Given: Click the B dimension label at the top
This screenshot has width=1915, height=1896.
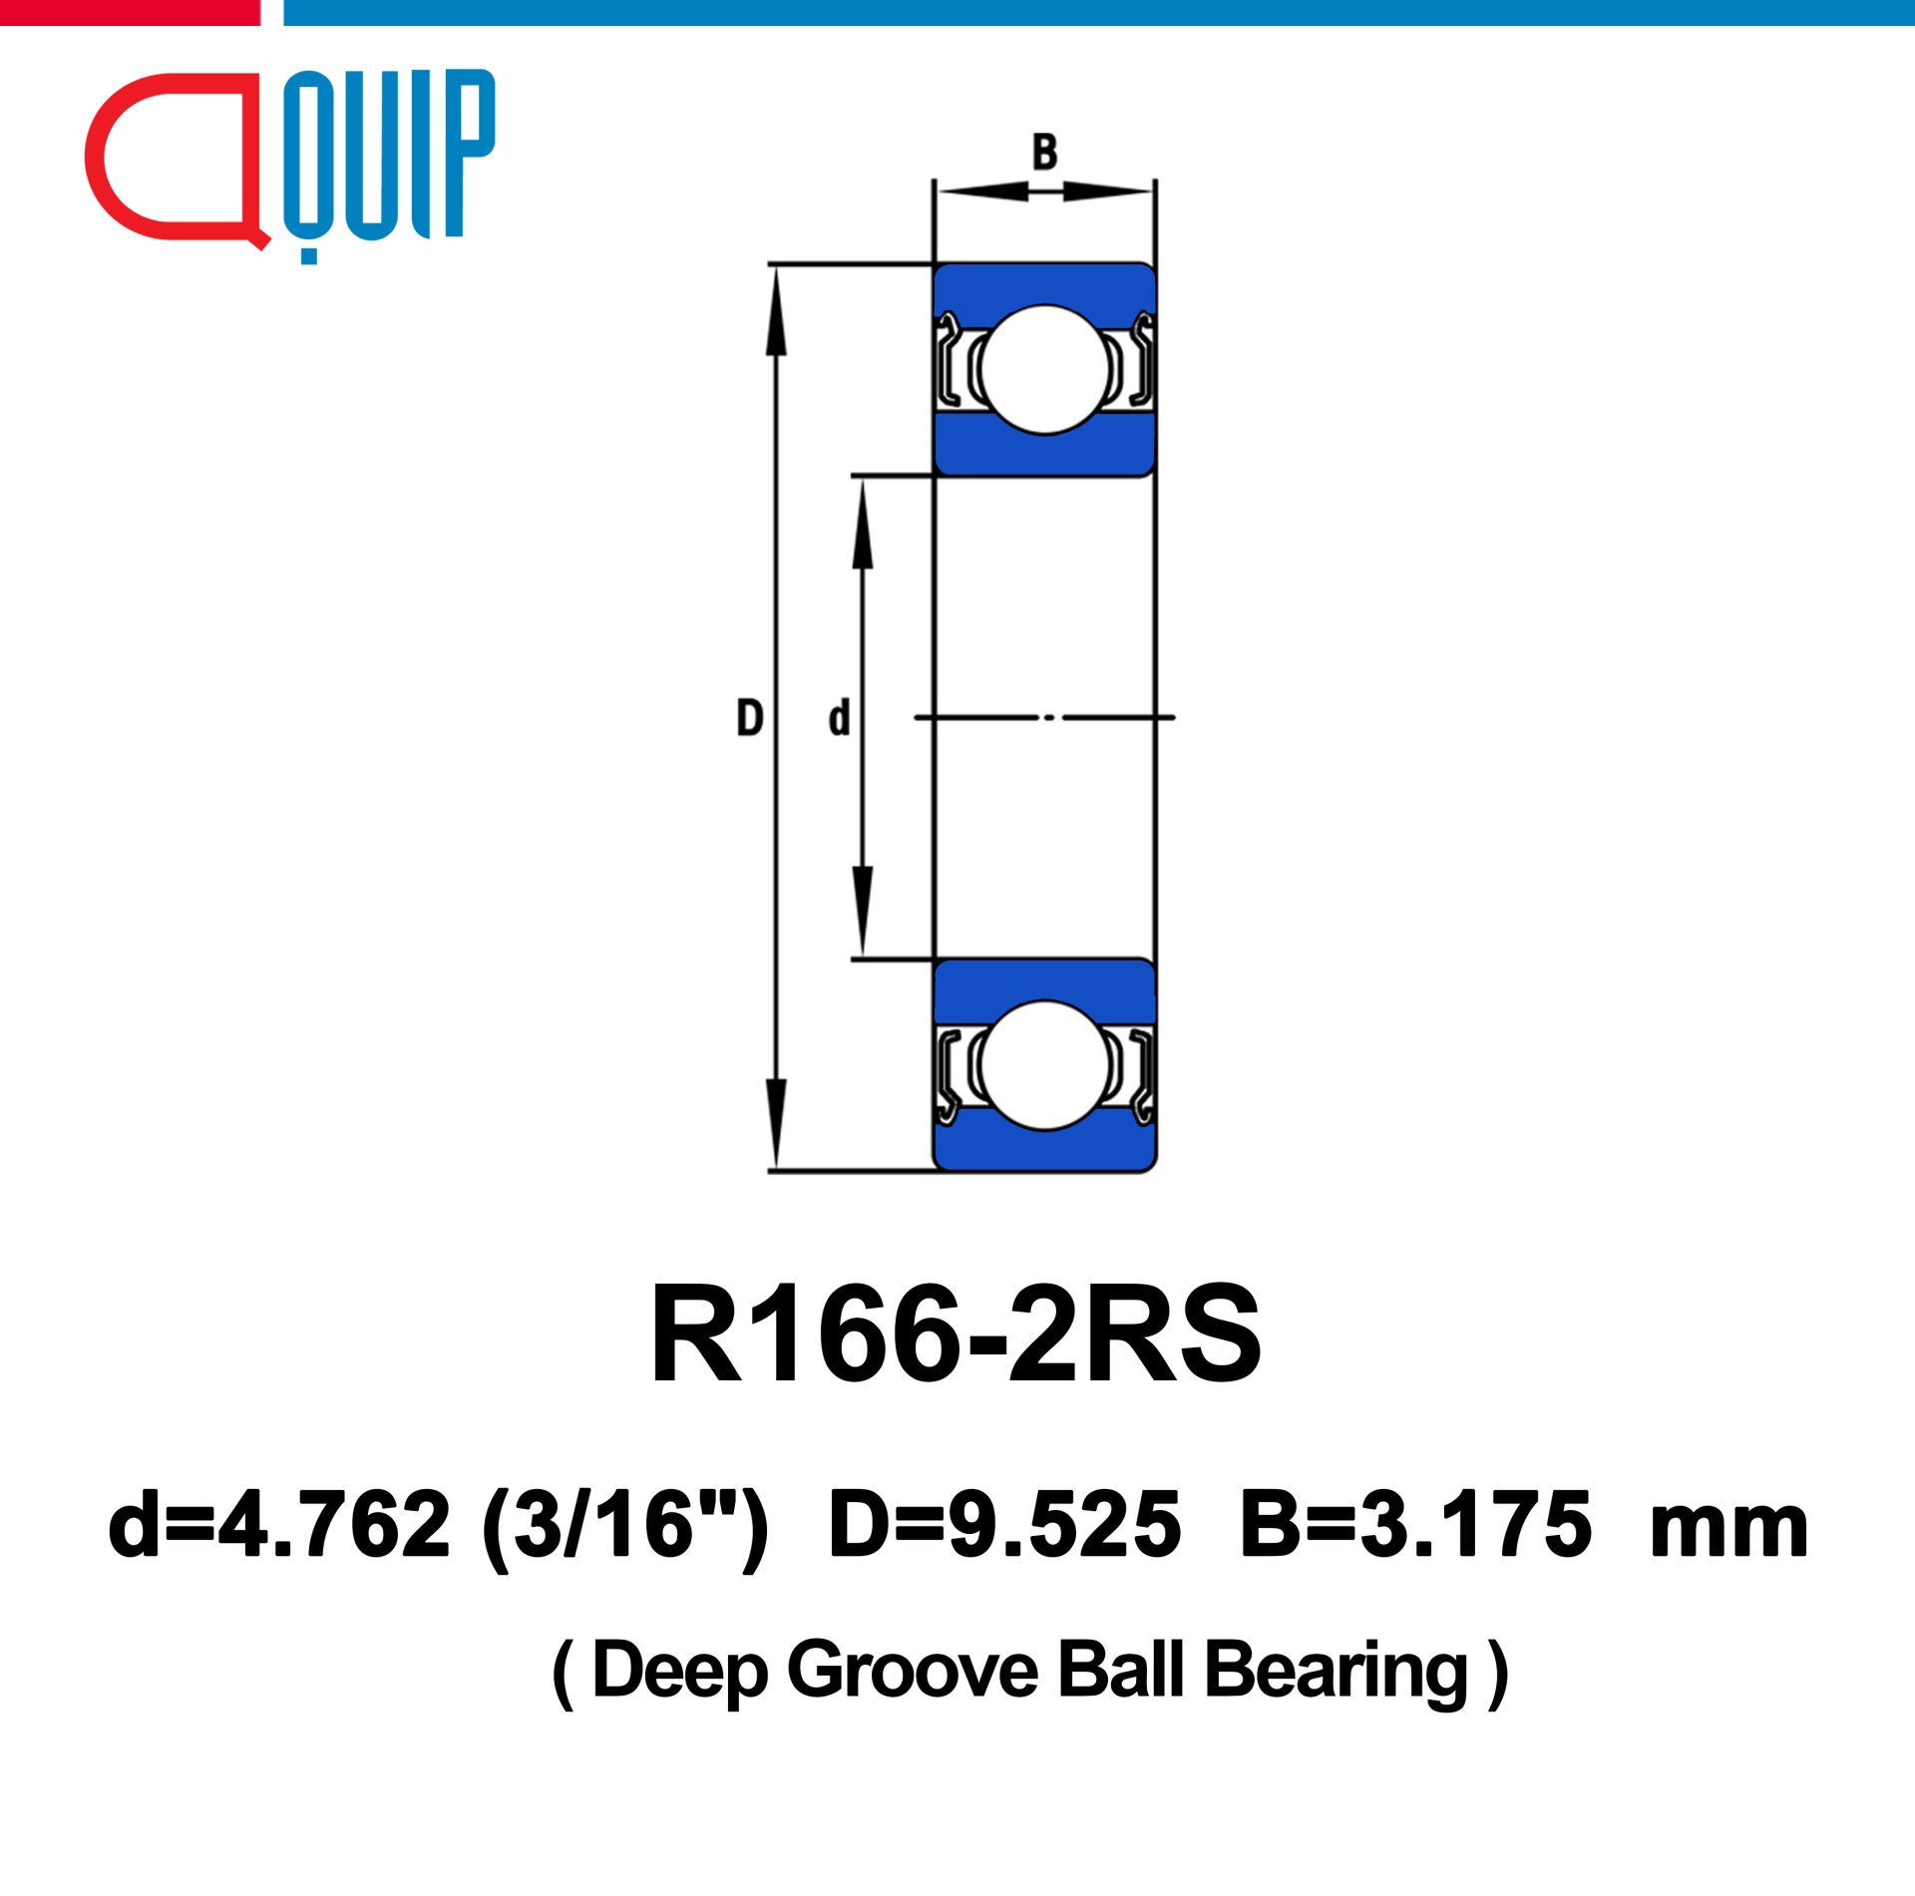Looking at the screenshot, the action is tap(1044, 153).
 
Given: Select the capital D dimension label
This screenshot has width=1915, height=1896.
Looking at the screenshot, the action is tap(750, 718).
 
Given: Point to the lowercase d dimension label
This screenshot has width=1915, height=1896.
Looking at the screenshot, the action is tap(840, 718).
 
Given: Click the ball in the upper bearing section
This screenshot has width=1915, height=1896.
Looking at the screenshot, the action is tap(1045, 370).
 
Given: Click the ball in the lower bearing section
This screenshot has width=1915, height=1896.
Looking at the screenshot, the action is tap(1045, 1065).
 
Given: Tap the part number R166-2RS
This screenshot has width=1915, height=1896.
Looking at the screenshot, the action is tap(957, 1333).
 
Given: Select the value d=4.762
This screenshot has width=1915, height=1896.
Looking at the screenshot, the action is tap(279, 1524).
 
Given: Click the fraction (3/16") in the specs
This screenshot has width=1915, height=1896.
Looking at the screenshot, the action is tap(625, 1526).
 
